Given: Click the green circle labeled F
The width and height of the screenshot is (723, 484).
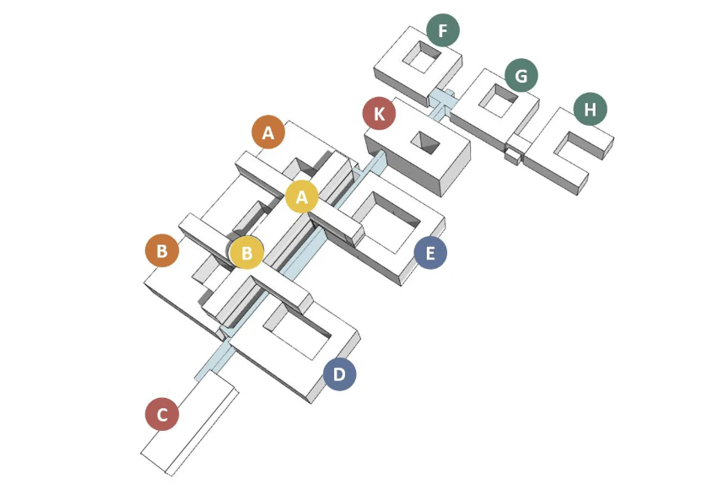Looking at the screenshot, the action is [443, 30].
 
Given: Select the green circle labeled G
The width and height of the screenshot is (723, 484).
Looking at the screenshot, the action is [521, 75].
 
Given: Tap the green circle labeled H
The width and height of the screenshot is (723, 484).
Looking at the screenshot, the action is [591, 110].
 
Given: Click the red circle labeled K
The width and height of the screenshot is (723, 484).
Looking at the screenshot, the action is [379, 113].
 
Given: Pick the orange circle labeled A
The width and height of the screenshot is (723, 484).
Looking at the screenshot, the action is [268, 132].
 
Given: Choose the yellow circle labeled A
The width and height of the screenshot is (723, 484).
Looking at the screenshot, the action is [301, 196].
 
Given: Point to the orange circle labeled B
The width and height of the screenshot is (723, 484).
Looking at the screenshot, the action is [162, 250].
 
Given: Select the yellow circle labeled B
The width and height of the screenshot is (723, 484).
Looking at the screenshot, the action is [246, 253].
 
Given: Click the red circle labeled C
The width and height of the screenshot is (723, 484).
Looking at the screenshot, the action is [162, 414].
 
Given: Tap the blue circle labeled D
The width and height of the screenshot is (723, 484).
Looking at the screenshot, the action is [339, 374].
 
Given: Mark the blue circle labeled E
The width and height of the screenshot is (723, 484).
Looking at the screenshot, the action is [430, 253].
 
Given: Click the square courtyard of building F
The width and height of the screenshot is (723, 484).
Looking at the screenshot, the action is [422, 57].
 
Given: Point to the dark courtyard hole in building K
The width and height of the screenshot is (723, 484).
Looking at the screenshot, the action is [425, 143].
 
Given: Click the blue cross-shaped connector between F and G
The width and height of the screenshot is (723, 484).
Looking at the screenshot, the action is [442, 102].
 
